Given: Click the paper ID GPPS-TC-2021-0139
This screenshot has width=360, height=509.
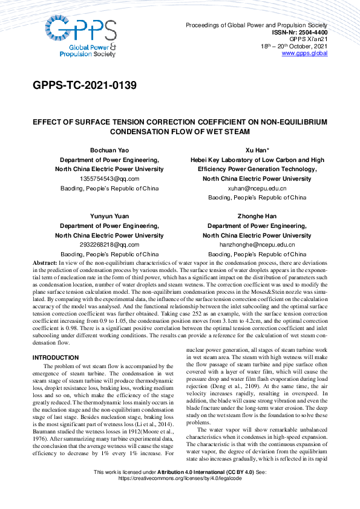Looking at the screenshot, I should tap(85, 85).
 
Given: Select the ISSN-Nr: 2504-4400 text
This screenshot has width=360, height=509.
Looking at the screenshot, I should tap(299, 32).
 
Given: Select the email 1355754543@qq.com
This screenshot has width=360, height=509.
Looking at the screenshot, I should tap(109, 179).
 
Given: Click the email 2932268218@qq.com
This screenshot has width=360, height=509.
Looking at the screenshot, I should tap(109, 245).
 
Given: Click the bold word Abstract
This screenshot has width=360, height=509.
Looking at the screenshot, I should tap(44, 264).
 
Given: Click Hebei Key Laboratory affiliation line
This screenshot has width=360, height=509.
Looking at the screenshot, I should tap(257, 160).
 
